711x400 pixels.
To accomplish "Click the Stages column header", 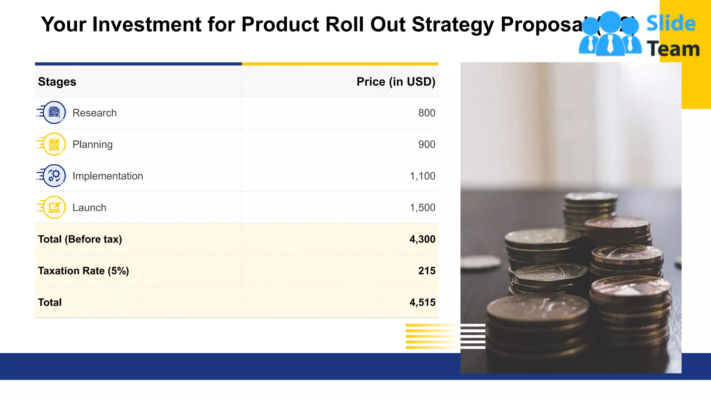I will click(57, 82).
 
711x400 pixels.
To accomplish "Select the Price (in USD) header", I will click(396, 82).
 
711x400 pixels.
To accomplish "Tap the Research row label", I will click(94, 113).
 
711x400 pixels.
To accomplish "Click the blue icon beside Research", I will click(54, 112).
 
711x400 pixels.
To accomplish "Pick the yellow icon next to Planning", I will click(54, 144).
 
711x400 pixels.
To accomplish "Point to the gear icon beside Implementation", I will click(54, 176).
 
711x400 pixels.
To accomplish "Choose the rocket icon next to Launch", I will click(54, 207).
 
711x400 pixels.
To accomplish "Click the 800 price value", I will click(427, 113).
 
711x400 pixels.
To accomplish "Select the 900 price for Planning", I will click(427, 144).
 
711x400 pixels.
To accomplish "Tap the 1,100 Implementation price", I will click(423, 176).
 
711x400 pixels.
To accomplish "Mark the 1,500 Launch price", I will click(423, 208).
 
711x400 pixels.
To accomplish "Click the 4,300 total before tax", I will click(422, 239).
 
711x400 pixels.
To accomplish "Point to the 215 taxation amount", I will click(427, 271).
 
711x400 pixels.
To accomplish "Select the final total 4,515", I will click(422, 302).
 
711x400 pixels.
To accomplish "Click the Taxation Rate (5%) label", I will click(83, 271).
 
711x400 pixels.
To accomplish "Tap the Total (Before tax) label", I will click(80, 239).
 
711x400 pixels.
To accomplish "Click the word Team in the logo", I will click(673, 49).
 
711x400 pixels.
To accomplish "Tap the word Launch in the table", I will click(89, 208).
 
